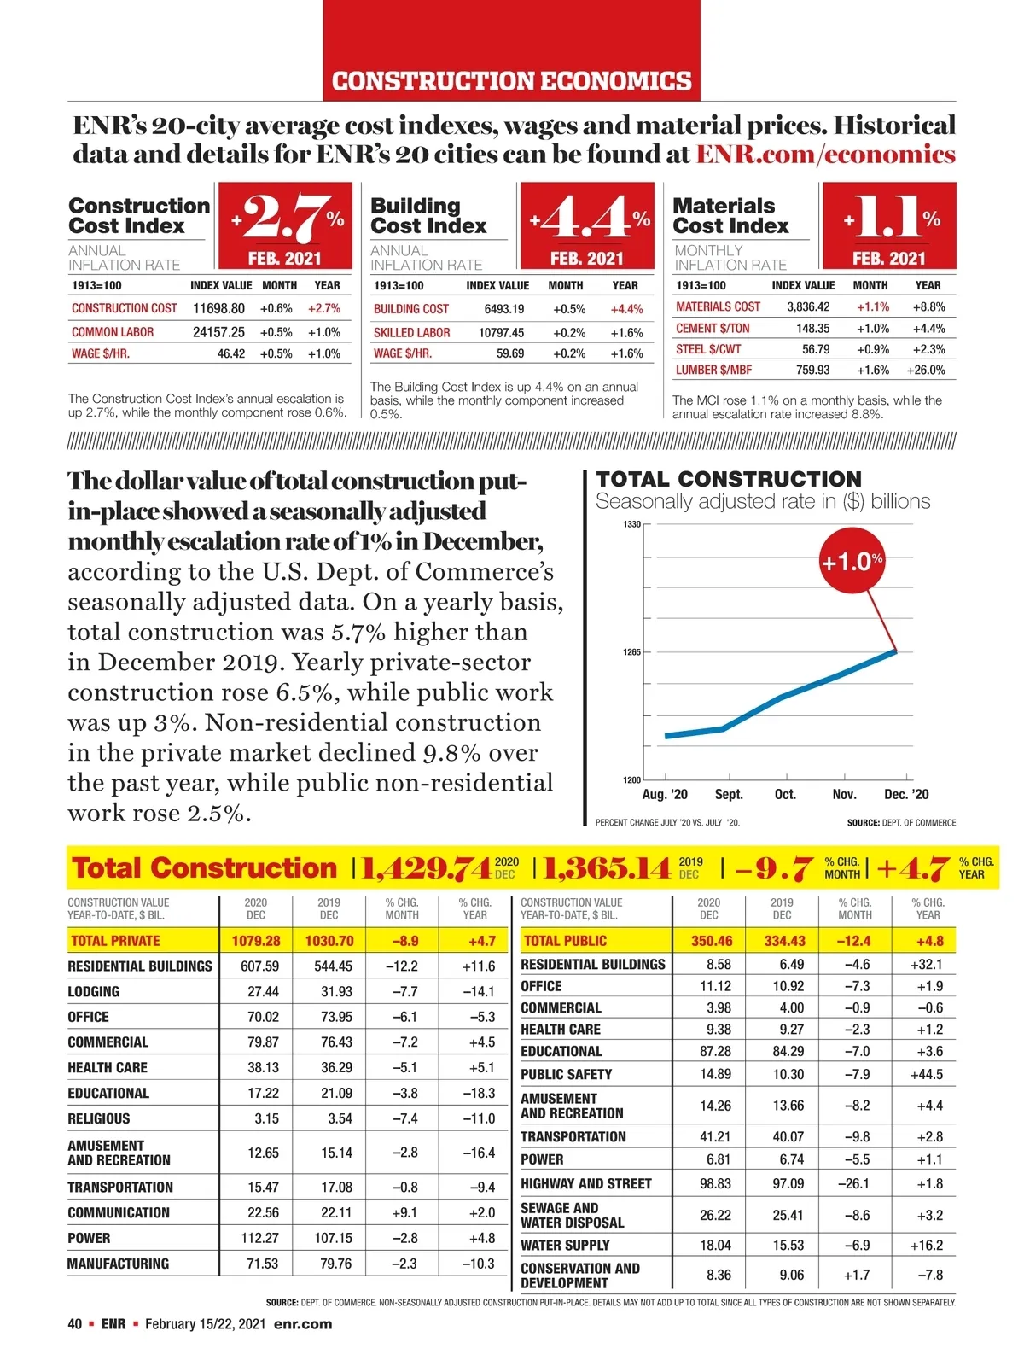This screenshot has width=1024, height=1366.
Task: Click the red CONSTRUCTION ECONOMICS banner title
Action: (x=511, y=81)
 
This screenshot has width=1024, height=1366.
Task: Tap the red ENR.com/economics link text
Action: (x=825, y=155)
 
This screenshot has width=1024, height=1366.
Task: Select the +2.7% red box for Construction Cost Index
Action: (x=285, y=225)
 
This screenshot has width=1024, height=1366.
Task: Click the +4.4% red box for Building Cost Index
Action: (x=587, y=225)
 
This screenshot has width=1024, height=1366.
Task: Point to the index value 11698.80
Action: (x=218, y=308)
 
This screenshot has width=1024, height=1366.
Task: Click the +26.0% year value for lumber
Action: (x=926, y=370)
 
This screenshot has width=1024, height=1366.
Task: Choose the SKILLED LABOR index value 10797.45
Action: (x=501, y=332)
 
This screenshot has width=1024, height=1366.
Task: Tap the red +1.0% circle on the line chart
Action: (x=852, y=561)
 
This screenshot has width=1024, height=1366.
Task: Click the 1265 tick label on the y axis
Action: (x=631, y=652)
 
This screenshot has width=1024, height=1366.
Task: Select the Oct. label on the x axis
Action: (x=785, y=794)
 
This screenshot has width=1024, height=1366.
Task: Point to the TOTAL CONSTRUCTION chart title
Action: (x=729, y=479)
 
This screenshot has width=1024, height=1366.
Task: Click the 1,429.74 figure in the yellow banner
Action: (x=426, y=868)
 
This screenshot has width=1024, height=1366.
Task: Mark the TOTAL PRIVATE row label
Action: (x=115, y=941)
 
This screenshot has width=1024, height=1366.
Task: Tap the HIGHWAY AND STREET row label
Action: (x=586, y=1183)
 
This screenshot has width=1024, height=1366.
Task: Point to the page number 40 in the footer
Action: (x=75, y=1324)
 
